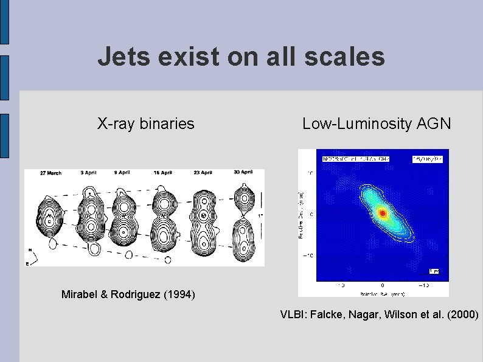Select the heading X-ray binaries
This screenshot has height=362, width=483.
[146, 124]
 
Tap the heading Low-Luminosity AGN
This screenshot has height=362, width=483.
[377, 124]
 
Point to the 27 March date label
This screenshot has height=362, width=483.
[50, 173]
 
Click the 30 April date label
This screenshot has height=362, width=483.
[242, 173]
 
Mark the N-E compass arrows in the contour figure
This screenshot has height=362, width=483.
[33, 256]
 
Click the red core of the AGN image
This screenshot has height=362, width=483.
[382, 213]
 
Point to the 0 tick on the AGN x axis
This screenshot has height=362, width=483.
[382, 285]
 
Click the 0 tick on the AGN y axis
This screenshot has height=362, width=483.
[311, 214]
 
